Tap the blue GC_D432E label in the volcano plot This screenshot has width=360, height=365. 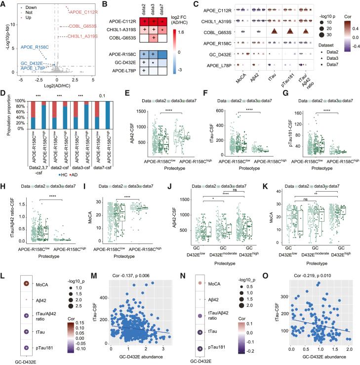click(31, 63)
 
